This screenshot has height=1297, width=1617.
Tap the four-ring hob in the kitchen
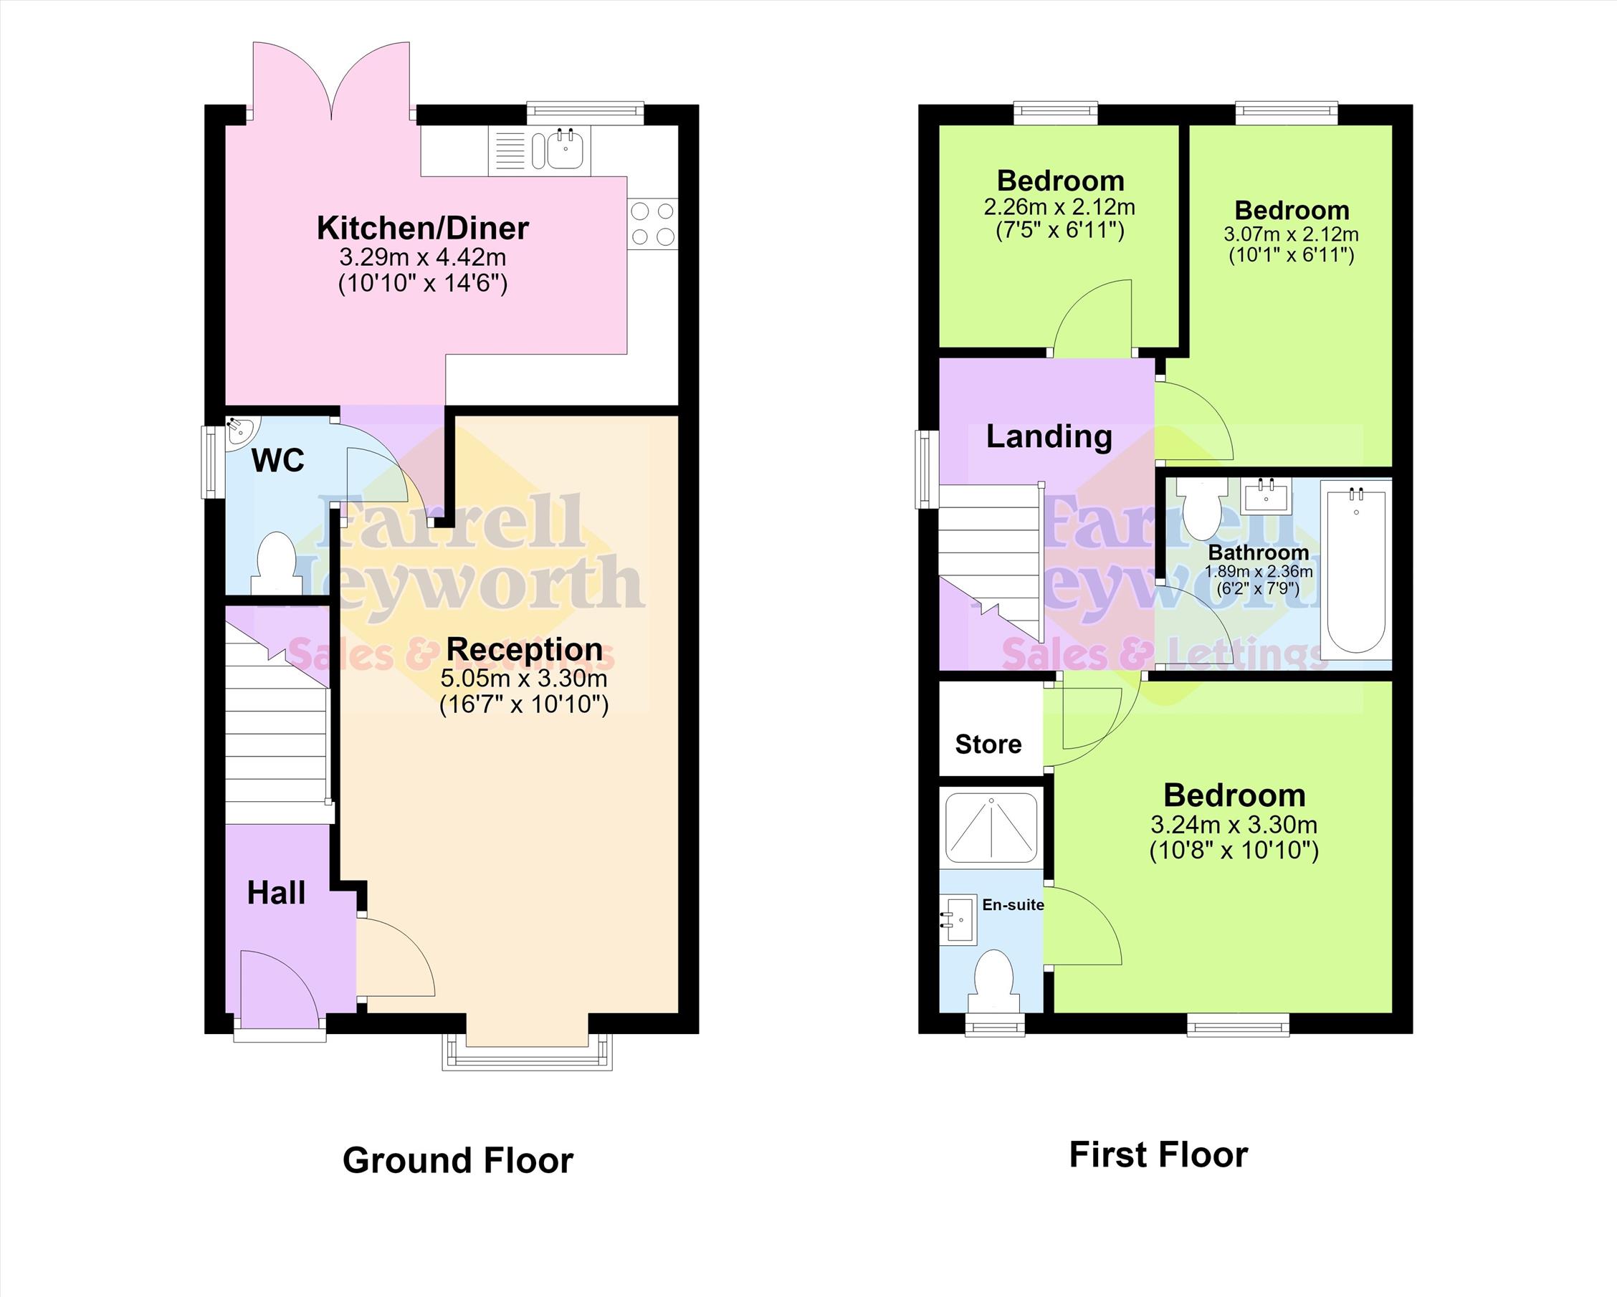click(652, 224)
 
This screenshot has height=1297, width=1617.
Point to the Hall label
click(277, 893)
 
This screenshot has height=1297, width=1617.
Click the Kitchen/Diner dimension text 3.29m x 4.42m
click(423, 257)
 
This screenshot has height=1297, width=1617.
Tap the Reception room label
click(524, 649)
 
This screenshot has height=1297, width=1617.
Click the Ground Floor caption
click(458, 1161)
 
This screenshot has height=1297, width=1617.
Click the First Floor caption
click(1159, 1154)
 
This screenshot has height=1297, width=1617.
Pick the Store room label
click(988, 744)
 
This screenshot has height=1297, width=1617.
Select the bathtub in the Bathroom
click(1356, 570)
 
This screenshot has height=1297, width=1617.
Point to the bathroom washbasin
click(1266, 497)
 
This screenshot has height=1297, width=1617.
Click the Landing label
click(1049, 436)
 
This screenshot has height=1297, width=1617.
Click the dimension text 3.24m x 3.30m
click(1234, 825)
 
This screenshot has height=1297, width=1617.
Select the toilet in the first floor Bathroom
click(1201, 507)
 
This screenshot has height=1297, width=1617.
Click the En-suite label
click(1013, 905)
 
